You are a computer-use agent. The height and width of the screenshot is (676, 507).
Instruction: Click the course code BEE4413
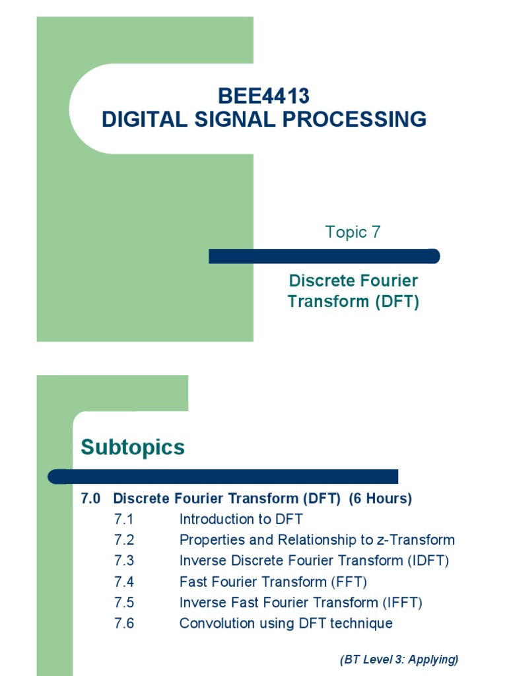(263, 96)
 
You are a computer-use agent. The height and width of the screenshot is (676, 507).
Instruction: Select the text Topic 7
(353, 232)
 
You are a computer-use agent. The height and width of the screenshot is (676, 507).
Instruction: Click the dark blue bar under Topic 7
(323, 256)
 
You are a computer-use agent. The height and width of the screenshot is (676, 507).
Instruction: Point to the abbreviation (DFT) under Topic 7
(397, 302)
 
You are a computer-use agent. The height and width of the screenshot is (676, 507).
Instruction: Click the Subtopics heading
(133, 448)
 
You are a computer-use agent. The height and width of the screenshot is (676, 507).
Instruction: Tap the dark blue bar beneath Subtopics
(224, 476)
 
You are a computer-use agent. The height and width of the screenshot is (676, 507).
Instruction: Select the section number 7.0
(90, 499)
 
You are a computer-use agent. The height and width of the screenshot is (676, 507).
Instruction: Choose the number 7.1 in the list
(123, 520)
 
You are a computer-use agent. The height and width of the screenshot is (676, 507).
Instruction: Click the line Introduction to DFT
(241, 520)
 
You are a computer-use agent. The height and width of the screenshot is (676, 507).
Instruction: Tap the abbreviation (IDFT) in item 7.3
(426, 561)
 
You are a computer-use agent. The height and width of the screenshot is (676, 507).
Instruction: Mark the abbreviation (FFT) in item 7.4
(349, 582)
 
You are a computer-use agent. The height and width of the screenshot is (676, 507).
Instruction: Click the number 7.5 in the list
(123, 603)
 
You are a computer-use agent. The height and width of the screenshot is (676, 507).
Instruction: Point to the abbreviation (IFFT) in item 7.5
(402, 603)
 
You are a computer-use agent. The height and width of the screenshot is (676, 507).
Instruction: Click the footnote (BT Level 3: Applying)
(399, 659)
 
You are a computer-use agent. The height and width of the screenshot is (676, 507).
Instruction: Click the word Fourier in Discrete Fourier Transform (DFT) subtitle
(389, 281)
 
